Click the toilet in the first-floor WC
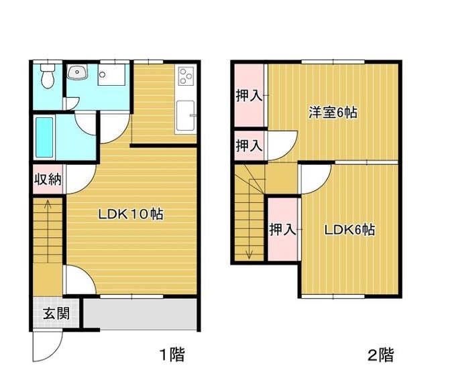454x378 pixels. click(48, 76)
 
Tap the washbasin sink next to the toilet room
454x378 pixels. click(77, 72)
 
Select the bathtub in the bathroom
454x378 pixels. click(44, 137)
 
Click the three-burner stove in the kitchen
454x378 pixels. click(186, 76)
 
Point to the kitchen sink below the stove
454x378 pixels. click(185, 115)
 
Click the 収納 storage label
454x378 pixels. click(48, 180)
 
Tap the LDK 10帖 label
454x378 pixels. click(131, 214)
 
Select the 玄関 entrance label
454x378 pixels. click(56, 313)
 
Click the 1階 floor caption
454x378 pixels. click(172, 355)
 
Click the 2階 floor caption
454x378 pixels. click(381, 355)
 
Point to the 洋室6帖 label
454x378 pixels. click(333, 113)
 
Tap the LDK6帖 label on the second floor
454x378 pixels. click(349, 230)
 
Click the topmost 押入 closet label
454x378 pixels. click(249, 96)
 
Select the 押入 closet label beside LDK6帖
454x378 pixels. click(282, 229)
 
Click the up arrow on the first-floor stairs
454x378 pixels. click(48, 231)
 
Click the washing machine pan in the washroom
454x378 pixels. click(111, 74)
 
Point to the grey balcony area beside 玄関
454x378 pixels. click(140, 314)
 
